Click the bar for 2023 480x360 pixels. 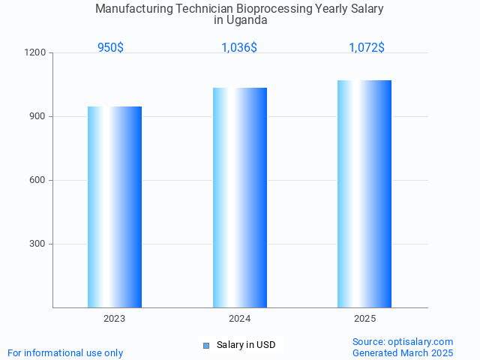coord(115,207)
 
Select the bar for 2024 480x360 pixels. coord(240,197)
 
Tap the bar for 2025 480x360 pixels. coord(364,193)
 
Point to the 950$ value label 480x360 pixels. coord(110,47)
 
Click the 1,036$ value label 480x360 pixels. coord(239,47)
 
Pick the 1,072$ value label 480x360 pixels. coord(367,47)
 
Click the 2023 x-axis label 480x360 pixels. coord(115,319)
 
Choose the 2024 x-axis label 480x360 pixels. coord(240,319)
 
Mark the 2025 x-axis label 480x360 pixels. coord(365,319)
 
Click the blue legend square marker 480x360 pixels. coord(206,345)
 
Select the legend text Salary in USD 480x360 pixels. coord(246,345)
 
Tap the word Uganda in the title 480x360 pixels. coord(247,20)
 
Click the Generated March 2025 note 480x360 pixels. coord(403,352)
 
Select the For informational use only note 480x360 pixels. coord(65,352)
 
